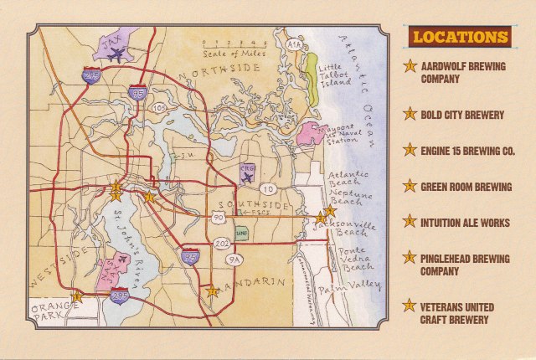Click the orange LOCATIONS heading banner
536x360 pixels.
(460, 37)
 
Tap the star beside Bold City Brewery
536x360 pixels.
(410, 113)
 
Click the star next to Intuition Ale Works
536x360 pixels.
(410, 222)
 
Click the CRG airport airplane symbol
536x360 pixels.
(247, 173)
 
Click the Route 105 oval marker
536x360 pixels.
(160, 107)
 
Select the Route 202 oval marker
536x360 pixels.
(222, 242)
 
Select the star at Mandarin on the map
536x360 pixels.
(213, 292)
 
